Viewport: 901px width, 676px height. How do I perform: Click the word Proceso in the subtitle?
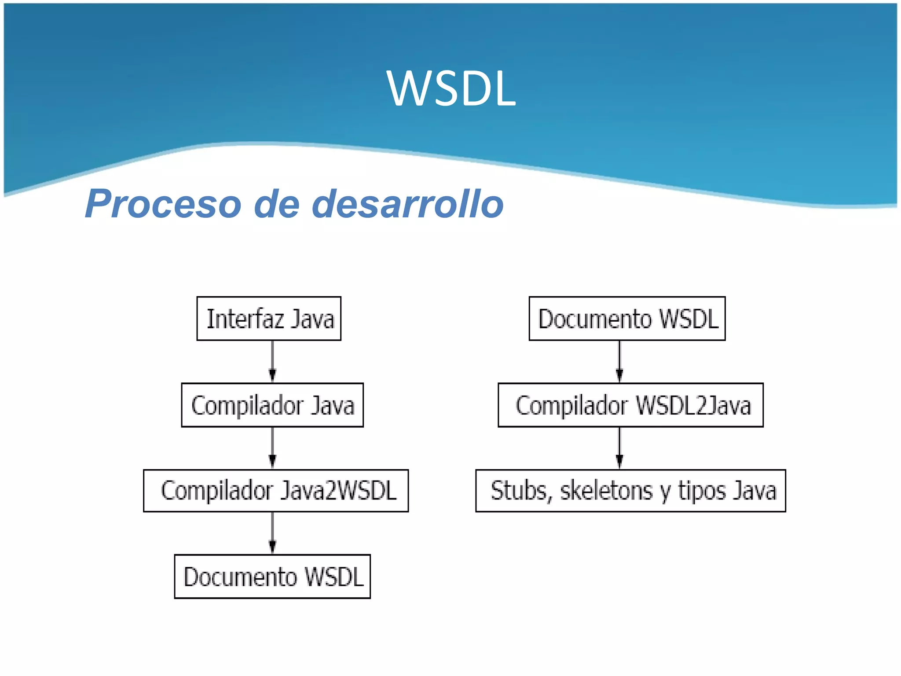tap(163, 204)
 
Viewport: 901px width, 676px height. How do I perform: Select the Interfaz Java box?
tap(269, 319)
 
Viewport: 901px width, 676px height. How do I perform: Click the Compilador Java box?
tap(272, 405)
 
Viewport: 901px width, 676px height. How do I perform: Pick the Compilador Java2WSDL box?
tap(276, 491)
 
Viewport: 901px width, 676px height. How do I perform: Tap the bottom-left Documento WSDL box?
tap(272, 577)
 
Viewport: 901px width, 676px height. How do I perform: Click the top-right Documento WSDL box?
tap(627, 319)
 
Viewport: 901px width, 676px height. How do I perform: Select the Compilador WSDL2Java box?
tap(630, 405)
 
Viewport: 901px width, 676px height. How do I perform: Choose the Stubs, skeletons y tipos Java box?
tap(630, 491)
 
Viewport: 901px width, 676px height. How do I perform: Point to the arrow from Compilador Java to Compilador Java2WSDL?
tap(272, 448)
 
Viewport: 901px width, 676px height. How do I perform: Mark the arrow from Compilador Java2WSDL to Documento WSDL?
tap(272, 533)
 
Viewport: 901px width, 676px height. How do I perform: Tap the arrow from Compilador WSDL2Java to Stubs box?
tap(619, 448)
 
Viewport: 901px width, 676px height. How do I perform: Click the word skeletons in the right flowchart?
tap(606, 491)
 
